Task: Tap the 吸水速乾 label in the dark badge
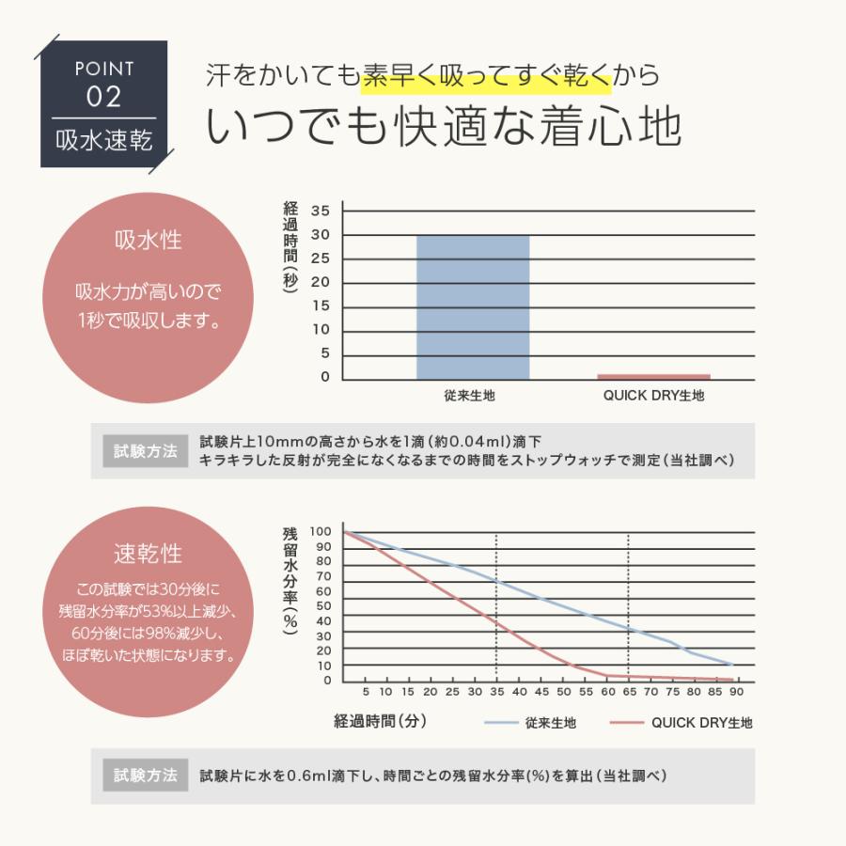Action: [103, 142]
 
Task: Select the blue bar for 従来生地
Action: [472, 306]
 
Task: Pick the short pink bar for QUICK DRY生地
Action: [653, 376]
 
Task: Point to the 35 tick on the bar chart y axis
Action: [321, 211]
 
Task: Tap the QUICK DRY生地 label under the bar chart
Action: [653, 396]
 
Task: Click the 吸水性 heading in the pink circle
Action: [148, 241]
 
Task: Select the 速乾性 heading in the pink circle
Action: [148, 554]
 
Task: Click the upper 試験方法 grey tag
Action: [146, 451]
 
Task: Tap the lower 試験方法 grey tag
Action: [146, 775]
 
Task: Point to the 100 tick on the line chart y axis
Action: [321, 532]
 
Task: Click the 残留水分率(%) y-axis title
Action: [290, 583]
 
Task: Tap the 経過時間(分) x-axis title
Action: [381, 722]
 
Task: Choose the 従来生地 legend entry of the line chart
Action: [532, 723]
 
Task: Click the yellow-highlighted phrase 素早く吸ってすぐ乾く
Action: [487, 76]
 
